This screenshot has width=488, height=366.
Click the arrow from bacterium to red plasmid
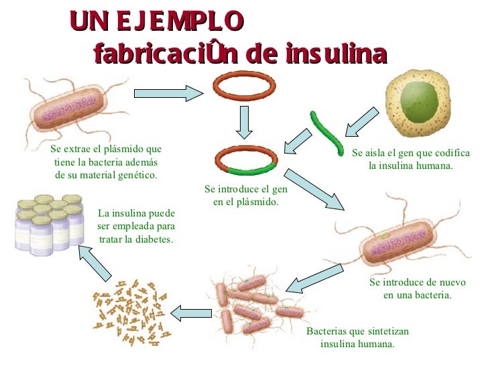coord(168,93)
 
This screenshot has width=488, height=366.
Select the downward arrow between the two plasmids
coord(244,123)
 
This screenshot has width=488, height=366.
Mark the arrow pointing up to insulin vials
coord(94,262)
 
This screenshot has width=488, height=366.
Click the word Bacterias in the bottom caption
coord(326,331)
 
